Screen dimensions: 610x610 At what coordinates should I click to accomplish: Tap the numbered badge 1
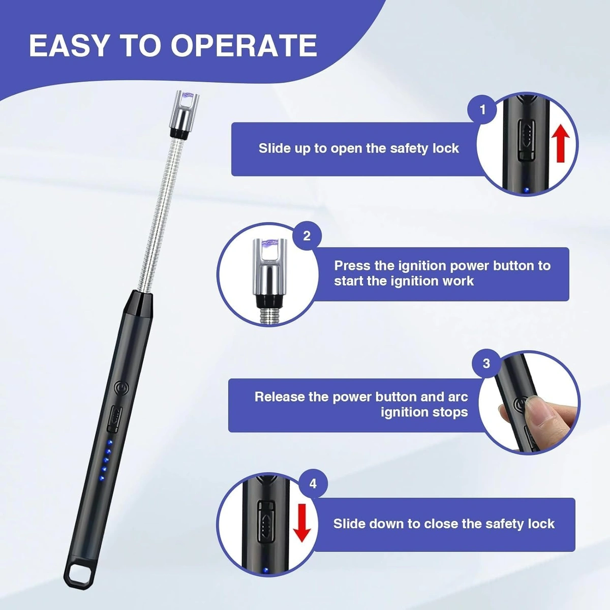point(482,109)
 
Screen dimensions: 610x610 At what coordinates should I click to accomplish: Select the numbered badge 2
point(307,236)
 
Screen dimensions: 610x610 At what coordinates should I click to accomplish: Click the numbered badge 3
point(486,363)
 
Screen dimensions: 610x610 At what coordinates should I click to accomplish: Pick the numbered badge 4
point(313,483)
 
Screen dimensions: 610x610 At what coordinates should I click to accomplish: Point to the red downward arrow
point(302,524)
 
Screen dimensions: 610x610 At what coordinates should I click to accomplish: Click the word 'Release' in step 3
point(279,397)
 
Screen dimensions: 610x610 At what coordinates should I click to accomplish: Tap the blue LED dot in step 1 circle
point(526,190)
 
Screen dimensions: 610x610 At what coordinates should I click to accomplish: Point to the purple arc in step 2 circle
point(269,246)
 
